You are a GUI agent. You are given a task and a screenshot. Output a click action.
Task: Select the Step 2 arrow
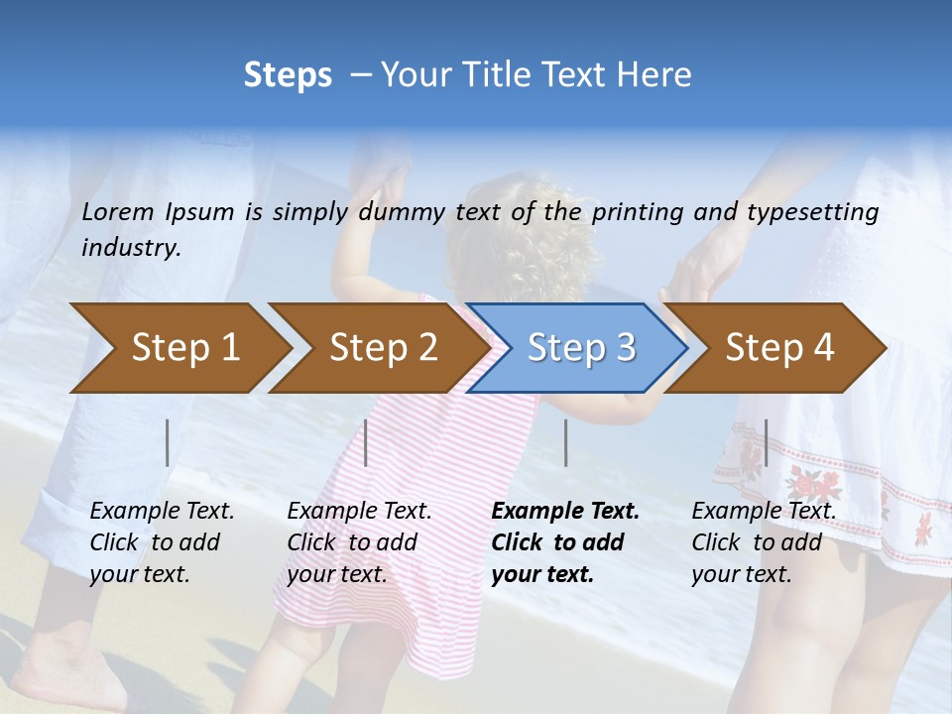(383, 348)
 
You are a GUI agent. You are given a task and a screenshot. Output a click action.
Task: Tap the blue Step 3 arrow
(580, 348)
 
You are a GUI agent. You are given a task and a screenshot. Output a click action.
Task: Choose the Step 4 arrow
(779, 348)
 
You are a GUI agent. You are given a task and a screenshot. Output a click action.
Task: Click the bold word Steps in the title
(288, 75)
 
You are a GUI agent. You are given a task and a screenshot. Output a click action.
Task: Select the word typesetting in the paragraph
(822, 212)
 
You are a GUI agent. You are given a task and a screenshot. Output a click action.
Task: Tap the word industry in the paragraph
(131, 248)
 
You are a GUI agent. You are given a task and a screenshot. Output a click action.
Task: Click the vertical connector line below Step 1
(168, 442)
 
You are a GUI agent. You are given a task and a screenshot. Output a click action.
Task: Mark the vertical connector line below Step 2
(366, 442)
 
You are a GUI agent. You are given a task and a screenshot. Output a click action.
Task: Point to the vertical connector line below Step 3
(565, 442)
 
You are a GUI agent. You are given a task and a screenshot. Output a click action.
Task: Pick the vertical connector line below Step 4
(766, 442)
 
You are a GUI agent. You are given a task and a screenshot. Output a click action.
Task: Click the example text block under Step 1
(162, 542)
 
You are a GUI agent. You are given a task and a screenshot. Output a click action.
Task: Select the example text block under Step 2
(359, 542)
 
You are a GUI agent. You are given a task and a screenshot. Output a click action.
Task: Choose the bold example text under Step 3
(565, 542)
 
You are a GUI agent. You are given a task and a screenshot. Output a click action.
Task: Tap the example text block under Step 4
(764, 542)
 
